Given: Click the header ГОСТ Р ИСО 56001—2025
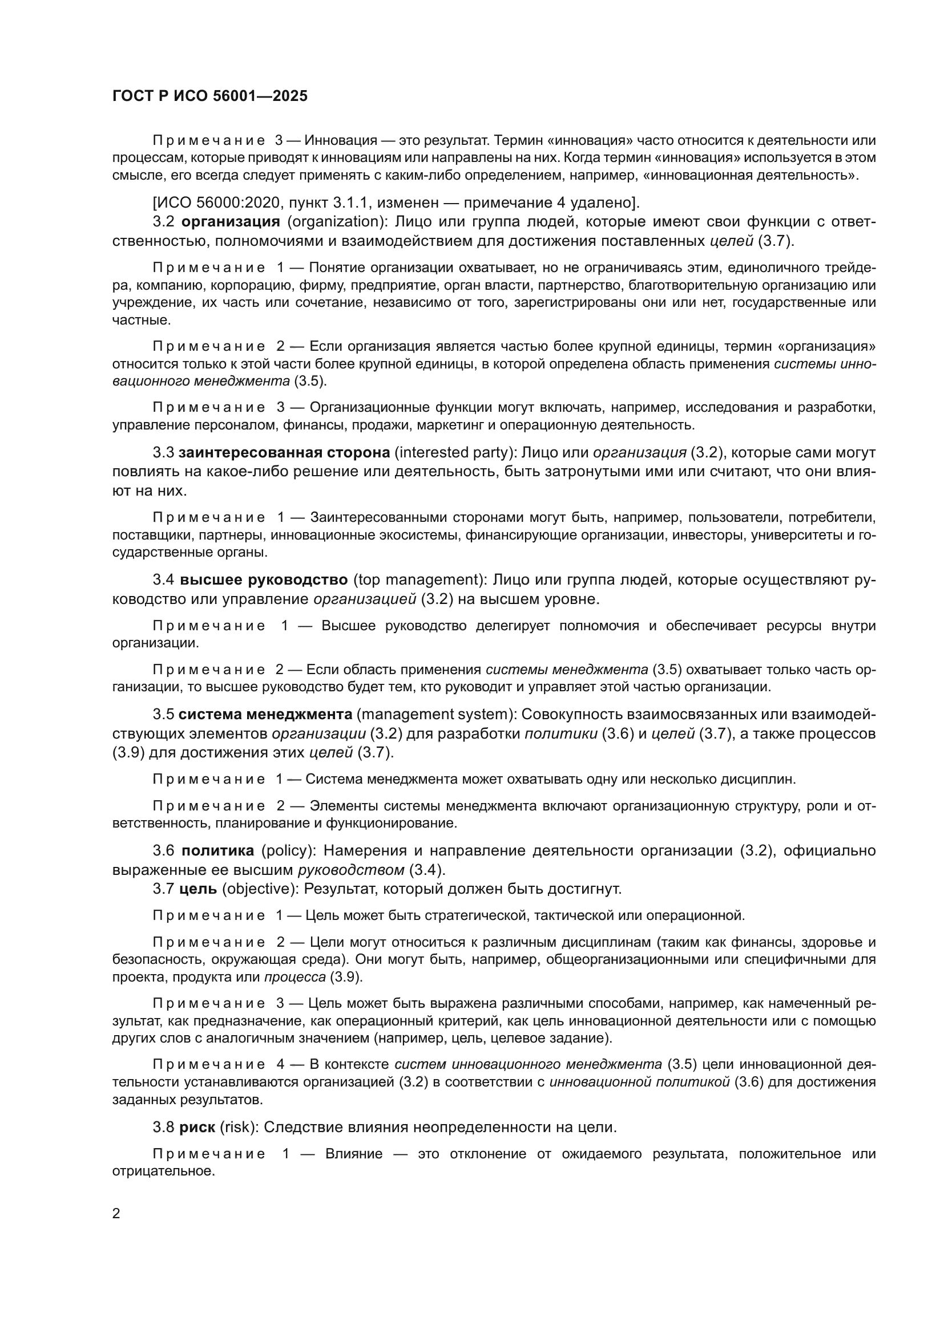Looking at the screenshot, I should [x=210, y=96].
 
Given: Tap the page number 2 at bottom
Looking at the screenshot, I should [x=116, y=1213].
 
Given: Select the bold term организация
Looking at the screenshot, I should [x=231, y=222].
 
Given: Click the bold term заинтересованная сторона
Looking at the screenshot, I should [x=284, y=453].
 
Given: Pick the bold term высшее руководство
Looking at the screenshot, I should [x=264, y=580].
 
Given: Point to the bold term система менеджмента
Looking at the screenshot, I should [x=265, y=714].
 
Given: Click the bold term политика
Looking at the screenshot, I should [x=218, y=850].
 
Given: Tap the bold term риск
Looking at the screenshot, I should [x=197, y=1127].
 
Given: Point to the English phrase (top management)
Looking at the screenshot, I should [x=418, y=580].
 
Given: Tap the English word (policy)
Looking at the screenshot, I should [x=287, y=850].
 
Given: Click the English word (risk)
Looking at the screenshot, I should [x=239, y=1127].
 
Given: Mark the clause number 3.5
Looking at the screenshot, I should [x=163, y=714].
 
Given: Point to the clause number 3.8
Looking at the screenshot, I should [x=163, y=1127].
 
